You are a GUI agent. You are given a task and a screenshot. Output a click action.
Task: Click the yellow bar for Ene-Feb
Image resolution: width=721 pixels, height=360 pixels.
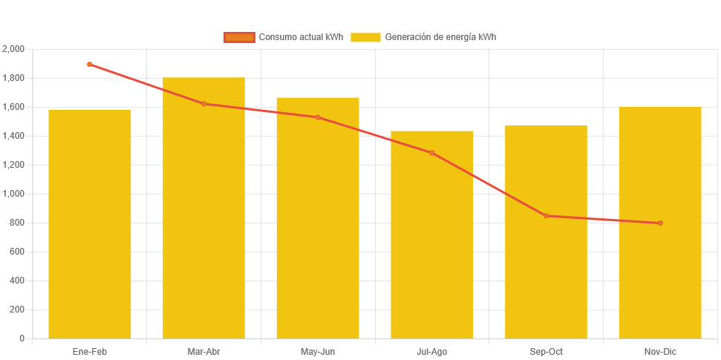[x=90, y=223]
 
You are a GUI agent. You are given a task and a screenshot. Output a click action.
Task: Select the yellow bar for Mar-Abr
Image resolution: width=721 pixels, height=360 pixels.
[x=203, y=208]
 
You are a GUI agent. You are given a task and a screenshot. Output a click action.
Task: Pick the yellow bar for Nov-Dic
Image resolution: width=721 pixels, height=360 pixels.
[x=659, y=222]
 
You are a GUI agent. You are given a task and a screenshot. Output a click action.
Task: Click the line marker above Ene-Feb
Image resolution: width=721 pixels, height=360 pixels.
[x=90, y=65]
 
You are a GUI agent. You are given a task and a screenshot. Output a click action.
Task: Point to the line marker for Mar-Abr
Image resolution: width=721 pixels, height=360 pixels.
[x=203, y=104]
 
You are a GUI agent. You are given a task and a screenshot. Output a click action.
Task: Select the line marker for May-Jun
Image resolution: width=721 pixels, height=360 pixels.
[x=318, y=117]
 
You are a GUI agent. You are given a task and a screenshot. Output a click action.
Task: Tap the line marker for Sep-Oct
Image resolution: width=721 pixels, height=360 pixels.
[x=546, y=216]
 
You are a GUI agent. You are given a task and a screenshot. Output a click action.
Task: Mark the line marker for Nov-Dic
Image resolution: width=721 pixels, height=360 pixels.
[x=659, y=223]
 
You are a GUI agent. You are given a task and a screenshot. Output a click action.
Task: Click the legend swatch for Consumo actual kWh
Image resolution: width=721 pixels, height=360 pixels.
[x=239, y=37]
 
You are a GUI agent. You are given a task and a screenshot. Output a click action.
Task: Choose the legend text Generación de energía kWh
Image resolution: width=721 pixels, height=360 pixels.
[x=440, y=37]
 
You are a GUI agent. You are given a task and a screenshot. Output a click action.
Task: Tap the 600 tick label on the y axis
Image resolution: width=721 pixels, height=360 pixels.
[x=17, y=252]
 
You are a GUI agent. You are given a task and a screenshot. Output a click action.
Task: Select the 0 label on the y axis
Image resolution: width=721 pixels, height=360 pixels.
[x=22, y=338]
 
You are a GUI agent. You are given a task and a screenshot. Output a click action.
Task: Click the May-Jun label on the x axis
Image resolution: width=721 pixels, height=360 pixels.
[x=318, y=351]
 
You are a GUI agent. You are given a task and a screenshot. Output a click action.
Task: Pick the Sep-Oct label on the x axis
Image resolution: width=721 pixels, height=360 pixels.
[x=546, y=351]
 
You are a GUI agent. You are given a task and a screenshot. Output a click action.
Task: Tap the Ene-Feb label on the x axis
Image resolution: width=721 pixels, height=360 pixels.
[x=90, y=351]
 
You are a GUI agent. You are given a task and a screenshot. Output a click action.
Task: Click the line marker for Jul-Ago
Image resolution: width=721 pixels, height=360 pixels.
[x=431, y=153]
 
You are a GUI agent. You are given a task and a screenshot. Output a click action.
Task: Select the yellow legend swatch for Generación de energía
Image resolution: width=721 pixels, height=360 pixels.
[x=365, y=37]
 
